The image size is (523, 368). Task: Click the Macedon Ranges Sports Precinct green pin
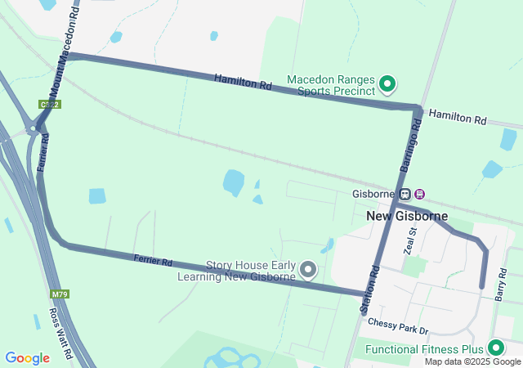point(388,83)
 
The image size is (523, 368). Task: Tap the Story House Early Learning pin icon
point(308,268)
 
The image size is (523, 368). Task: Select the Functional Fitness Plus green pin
point(495,348)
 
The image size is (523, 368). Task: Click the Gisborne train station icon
point(419,194)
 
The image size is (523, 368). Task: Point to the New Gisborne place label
point(407,216)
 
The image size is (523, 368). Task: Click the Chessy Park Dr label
point(398,324)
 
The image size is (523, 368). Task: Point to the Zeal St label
point(411,241)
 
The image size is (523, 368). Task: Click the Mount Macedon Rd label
point(65,45)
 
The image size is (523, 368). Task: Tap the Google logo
point(27,358)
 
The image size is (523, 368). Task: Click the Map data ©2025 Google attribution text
point(472,362)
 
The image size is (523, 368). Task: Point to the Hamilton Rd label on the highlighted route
point(243,82)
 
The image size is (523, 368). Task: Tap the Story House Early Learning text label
point(237,271)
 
